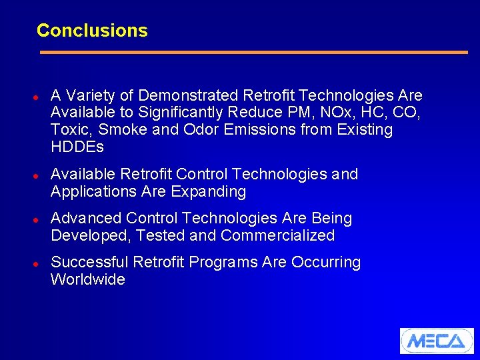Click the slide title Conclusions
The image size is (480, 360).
[x=92, y=31]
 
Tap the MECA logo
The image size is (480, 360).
[x=436, y=341]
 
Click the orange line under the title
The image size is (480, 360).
[x=253, y=52]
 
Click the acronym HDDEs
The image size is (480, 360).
[x=77, y=147]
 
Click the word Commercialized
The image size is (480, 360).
[x=277, y=235]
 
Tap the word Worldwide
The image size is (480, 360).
[x=88, y=279]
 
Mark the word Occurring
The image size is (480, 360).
[x=326, y=262]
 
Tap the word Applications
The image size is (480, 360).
[x=91, y=192]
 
